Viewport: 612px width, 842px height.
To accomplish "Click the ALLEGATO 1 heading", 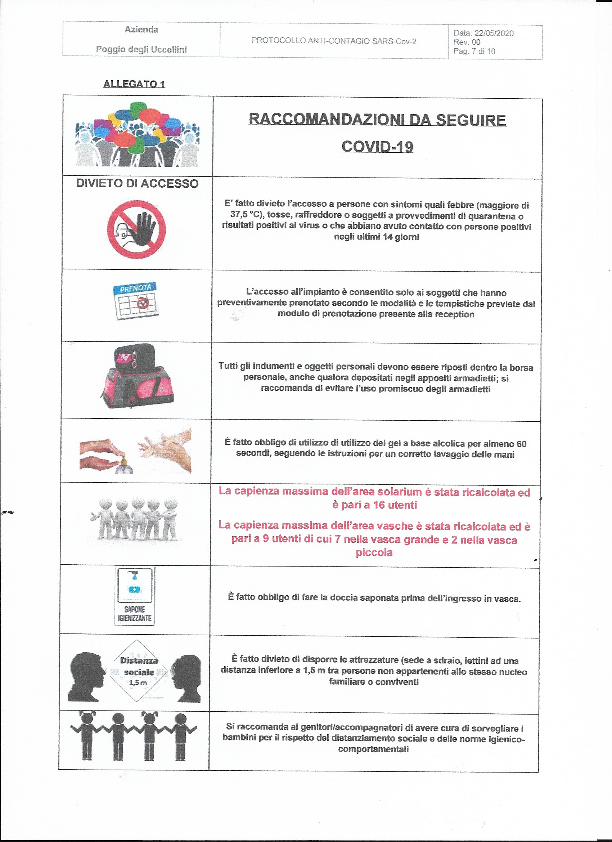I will (134, 84).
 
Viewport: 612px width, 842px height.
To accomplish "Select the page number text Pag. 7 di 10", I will (474, 51).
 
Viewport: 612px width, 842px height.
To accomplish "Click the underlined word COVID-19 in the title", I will (377, 147).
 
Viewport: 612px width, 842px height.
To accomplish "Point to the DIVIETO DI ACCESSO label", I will (137, 183).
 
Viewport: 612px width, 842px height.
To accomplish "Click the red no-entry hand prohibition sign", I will (136, 229).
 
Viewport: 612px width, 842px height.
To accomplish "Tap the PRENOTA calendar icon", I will (136, 301).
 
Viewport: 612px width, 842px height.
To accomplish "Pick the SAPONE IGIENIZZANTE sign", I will (134, 596).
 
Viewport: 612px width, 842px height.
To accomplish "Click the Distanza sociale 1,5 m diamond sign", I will (138, 672).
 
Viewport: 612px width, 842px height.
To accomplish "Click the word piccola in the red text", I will (374, 552).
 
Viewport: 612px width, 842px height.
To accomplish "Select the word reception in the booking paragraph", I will (453, 314).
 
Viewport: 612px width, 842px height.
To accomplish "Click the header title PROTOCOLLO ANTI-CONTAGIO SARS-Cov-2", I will (334, 41).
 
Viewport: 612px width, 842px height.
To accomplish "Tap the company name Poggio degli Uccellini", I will (141, 49).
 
